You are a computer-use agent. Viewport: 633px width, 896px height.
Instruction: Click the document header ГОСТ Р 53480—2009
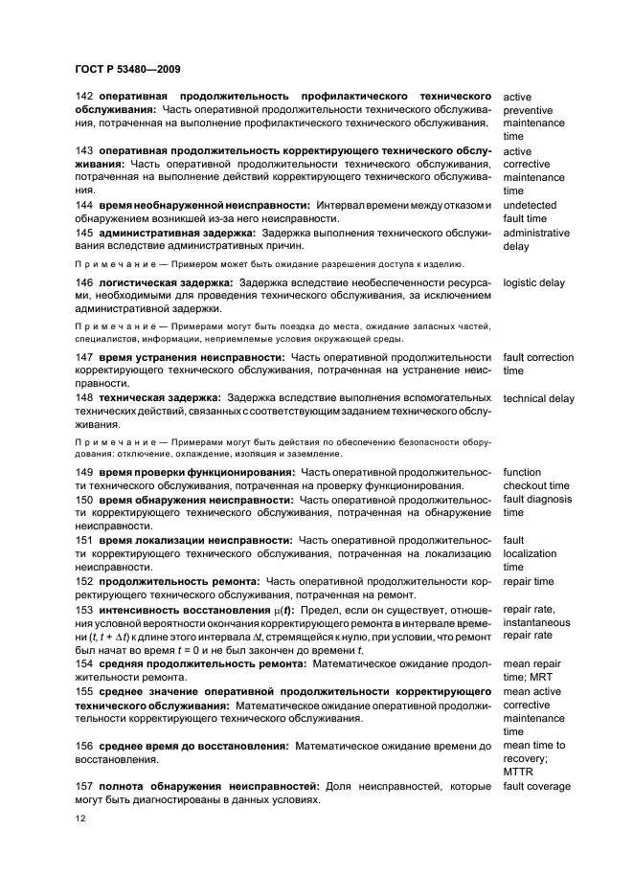(x=127, y=69)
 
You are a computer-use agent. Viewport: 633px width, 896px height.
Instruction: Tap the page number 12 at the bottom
(x=80, y=819)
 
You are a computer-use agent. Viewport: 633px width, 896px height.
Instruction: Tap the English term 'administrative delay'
(x=536, y=239)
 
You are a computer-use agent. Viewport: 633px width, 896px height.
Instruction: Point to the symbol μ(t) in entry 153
(x=278, y=610)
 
